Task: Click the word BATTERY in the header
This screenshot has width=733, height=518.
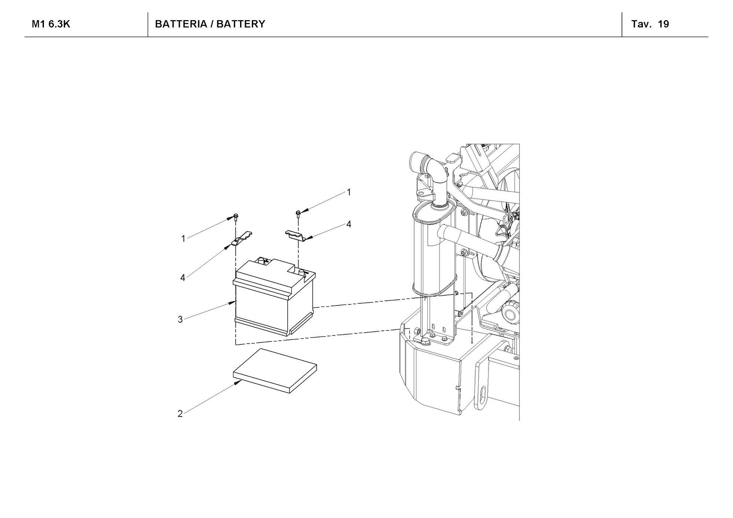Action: (x=240, y=24)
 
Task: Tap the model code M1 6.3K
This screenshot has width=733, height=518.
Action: (x=51, y=24)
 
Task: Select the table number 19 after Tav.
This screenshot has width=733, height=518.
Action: (x=663, y=24)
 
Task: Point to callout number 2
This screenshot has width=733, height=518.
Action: (x=180, y=414)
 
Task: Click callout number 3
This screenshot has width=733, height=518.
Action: (x=180, y=319)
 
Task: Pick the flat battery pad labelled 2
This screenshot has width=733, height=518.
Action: (x=275, y=371)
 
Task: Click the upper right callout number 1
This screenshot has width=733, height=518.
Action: (x=349, y=192)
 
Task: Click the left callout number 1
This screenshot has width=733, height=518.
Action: (x=183, y=239)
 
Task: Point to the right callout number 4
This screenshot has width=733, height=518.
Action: (x=349, y=224)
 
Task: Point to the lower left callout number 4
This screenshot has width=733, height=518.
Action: (x=183, y=278)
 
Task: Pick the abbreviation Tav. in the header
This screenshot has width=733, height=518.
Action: (x=642, y=24)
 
